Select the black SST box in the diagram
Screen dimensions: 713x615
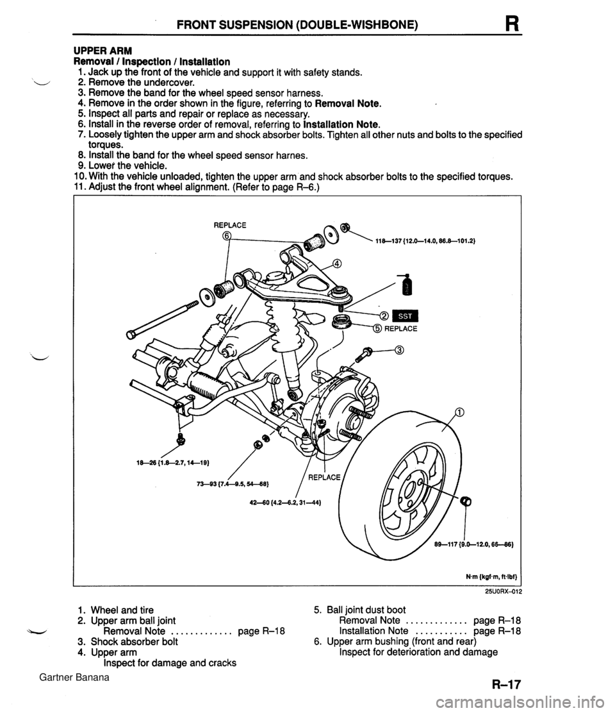click(x=406, y=315)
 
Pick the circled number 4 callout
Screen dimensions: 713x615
click(x=337, y=263)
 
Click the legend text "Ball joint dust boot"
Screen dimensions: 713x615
click(x=370, y=609)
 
